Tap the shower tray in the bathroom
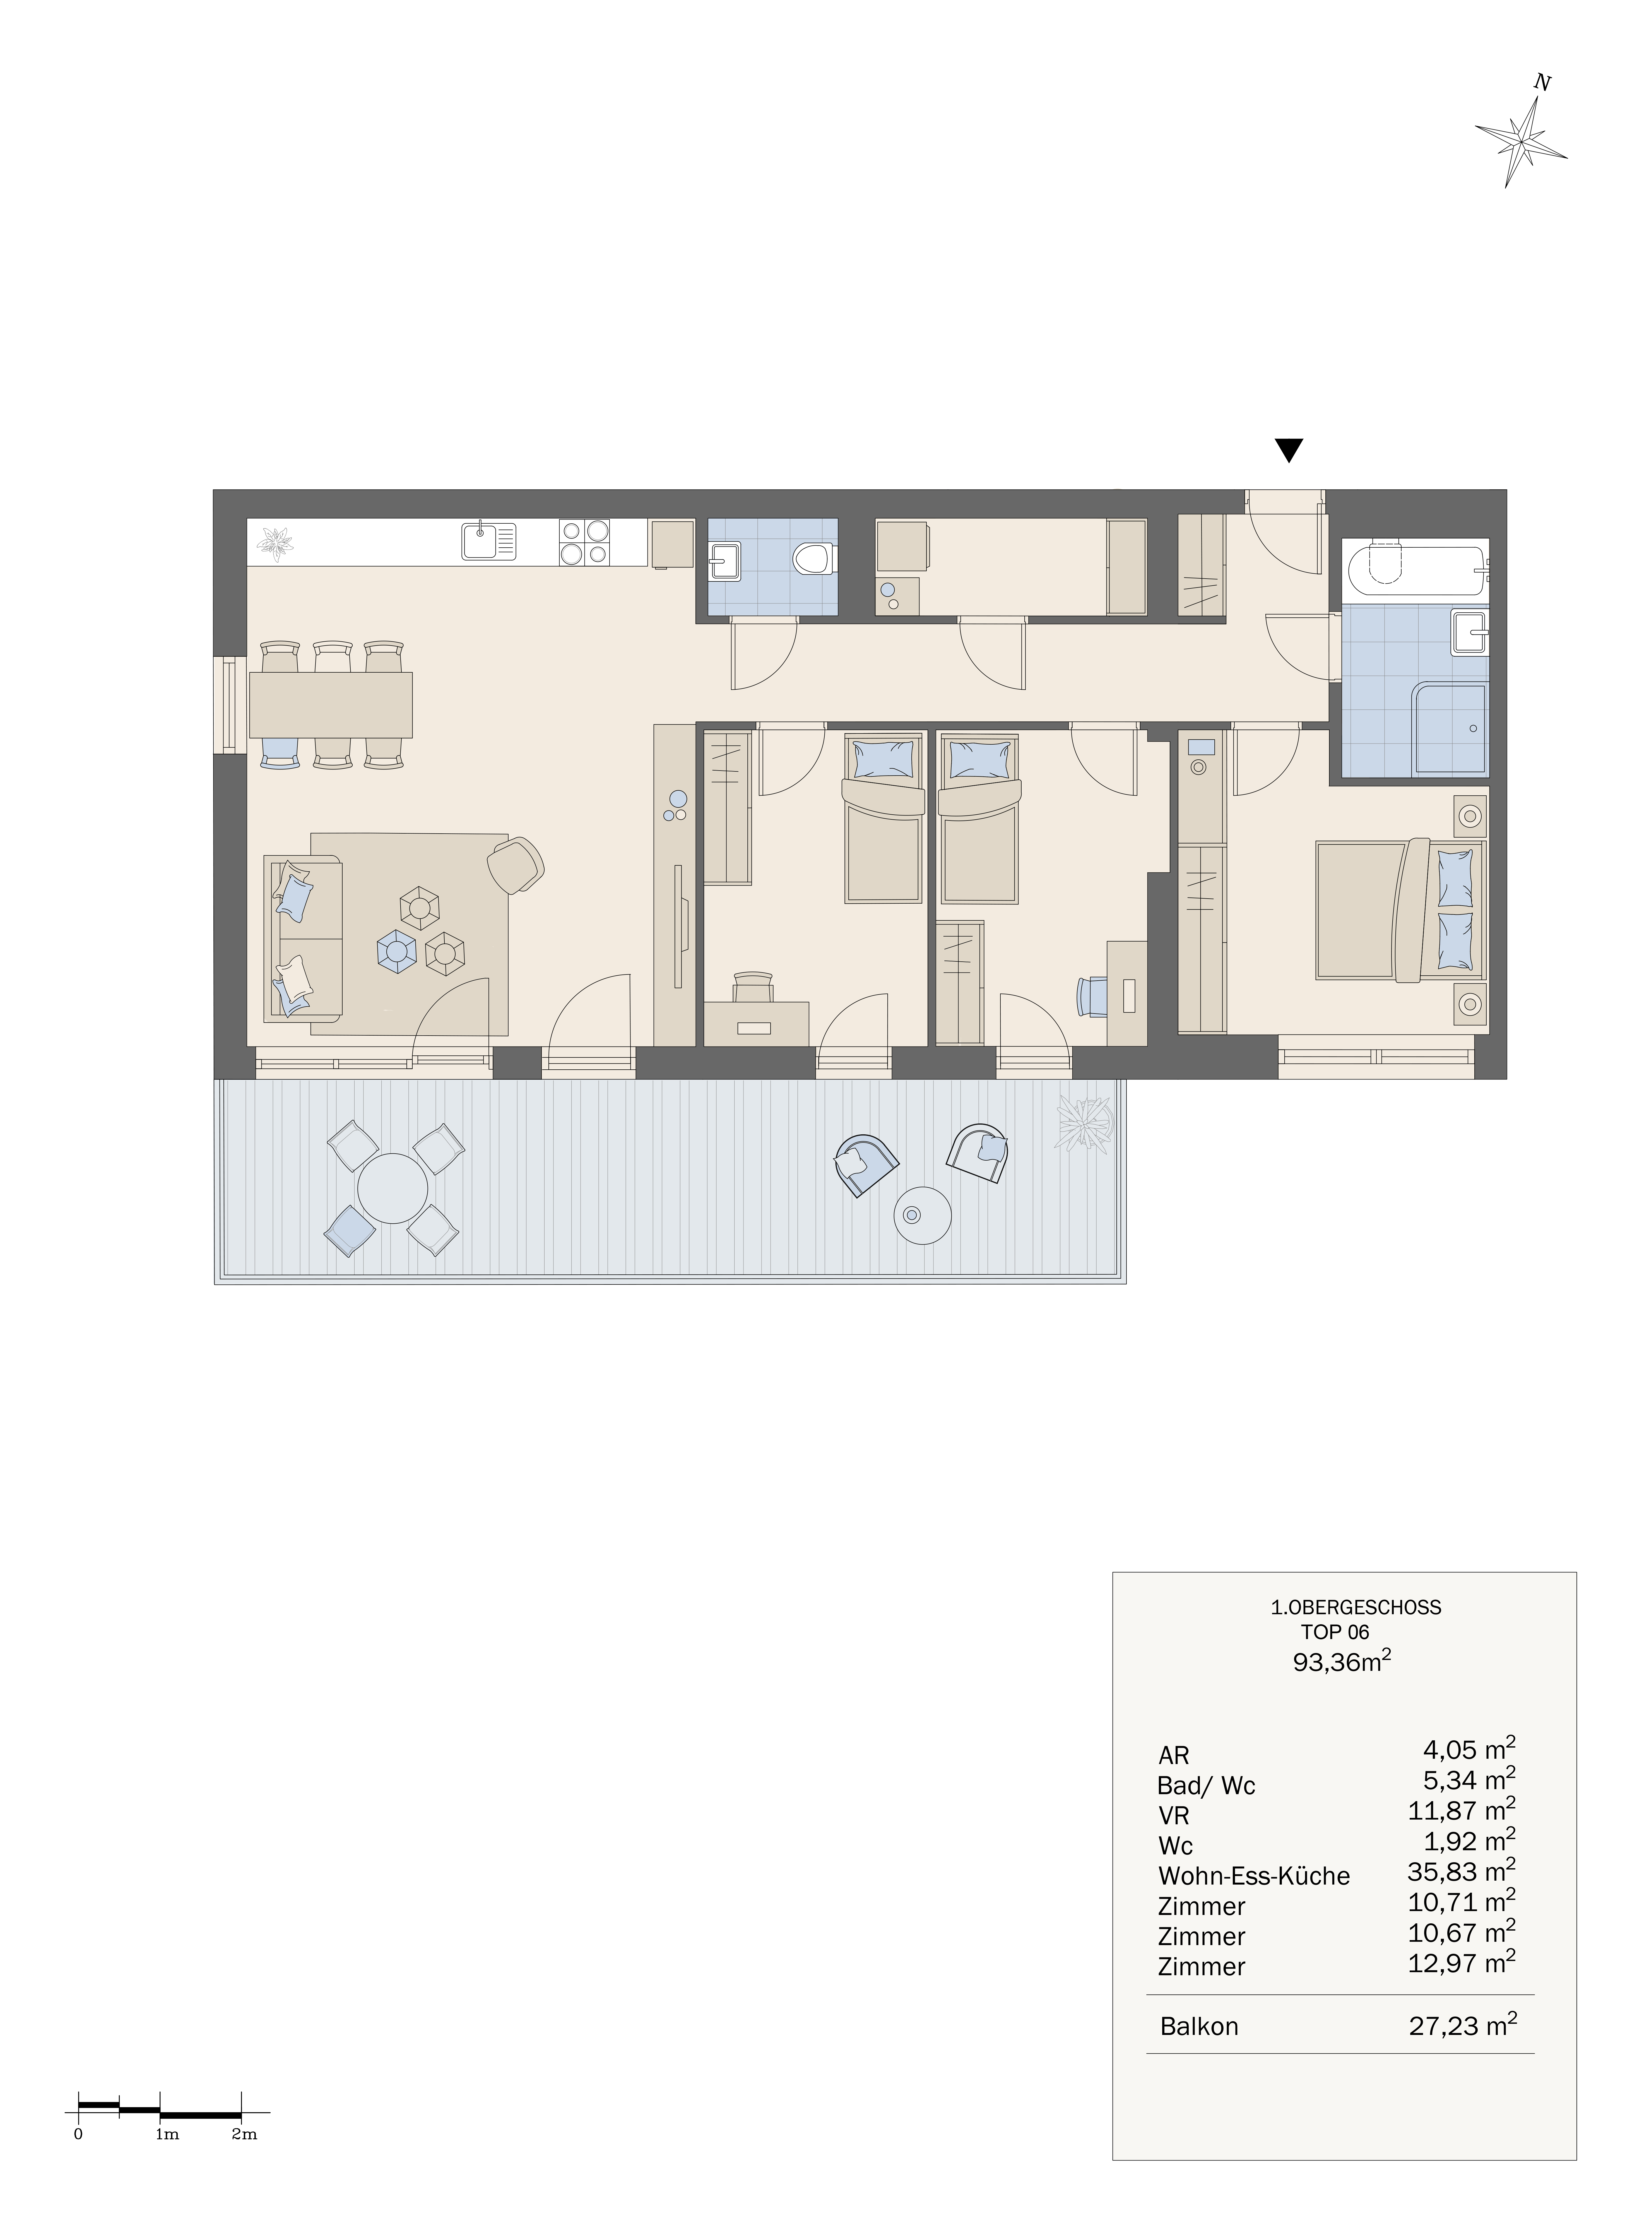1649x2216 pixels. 1448,730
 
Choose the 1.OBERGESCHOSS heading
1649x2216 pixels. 1356,1607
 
